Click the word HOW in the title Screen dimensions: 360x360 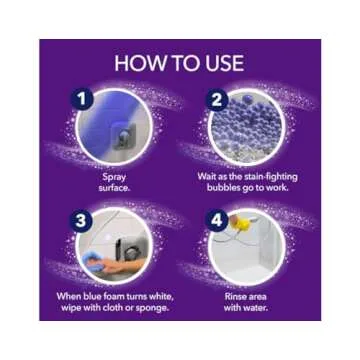(137, 62)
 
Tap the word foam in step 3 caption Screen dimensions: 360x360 (108, 294)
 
